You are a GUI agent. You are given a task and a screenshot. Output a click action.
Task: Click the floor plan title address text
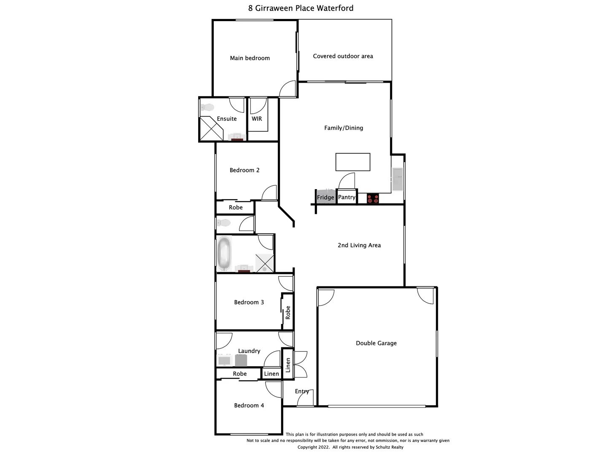[301, 8]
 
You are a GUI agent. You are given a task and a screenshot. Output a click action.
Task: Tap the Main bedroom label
[250, 58]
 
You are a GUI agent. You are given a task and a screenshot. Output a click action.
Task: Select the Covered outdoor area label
[343, 56]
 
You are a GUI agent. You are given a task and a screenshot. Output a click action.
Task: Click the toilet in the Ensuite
[207, 107]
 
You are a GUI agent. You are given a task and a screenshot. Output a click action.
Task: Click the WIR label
[257, 119]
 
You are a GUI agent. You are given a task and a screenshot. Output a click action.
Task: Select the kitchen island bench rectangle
[353, 162]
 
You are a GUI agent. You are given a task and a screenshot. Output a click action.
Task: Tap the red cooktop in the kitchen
[373, 198]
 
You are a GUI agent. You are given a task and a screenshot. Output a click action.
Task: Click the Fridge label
[325, 197]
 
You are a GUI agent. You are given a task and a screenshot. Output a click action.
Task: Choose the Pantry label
[346, 197]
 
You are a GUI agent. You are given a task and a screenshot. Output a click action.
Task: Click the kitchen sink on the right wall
[398, 179]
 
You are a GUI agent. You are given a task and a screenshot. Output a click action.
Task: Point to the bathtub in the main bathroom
[224, 253]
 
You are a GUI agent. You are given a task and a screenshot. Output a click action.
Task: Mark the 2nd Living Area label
[359, 245]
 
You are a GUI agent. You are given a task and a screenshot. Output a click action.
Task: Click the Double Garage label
[376, 343]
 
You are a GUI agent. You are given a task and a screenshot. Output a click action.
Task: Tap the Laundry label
[249, 351]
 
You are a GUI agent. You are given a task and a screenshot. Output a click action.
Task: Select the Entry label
[302, 391]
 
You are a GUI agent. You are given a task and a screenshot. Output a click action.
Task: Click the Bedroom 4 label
[249, 405]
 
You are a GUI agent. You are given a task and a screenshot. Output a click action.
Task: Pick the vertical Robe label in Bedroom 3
[288, 313]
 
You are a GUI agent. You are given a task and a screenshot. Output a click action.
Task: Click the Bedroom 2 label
[244, 170]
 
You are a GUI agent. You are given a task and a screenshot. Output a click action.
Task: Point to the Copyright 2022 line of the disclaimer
[350, 447]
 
